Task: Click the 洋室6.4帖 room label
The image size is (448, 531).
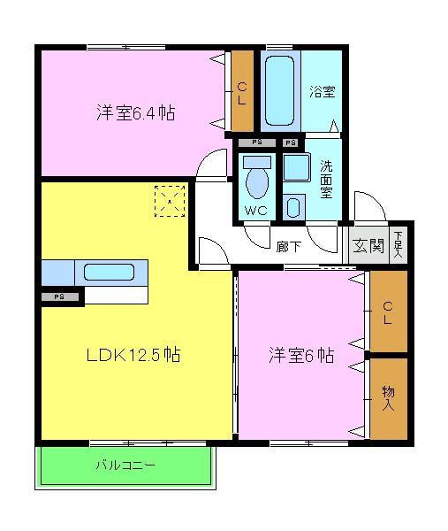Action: click(x=134, y=114)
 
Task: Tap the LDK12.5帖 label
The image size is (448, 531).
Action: click(x=134, y=356)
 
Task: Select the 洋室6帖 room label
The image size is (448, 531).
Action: click(x=301, y=356)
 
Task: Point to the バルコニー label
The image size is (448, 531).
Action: click(x=125, y=464)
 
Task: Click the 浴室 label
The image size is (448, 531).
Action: click(x=322, y=91)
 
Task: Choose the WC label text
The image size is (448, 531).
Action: click(x=256, y=212)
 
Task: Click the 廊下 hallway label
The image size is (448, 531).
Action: click(x=288, y=246)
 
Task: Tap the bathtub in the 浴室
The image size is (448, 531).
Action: click(x=281, y=91)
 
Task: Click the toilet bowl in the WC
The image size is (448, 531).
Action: click(x=257, y=181)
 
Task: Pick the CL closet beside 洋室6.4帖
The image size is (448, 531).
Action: click(x=241, y=93)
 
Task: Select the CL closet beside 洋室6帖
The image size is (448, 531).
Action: click(x=388, y=312)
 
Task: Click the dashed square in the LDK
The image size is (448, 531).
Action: click(x=170, y=201)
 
